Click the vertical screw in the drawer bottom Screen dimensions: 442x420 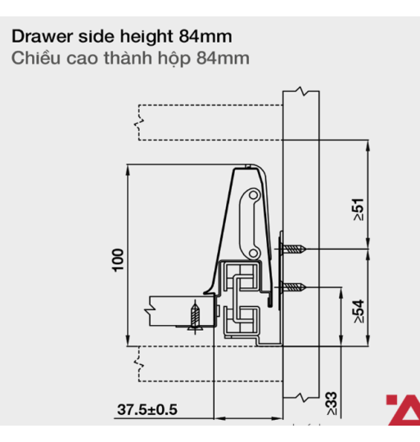[x=195, y=316]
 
